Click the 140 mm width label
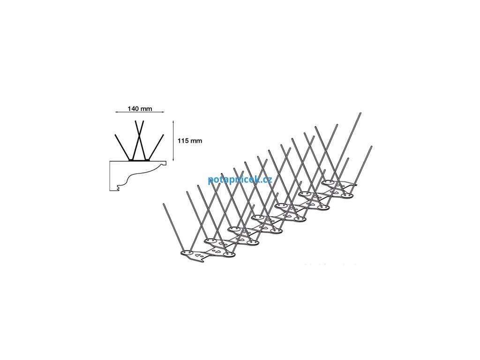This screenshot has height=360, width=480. pyautogui.click(x=140, y=108)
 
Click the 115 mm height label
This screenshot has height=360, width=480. pyautogui.click(x=190, y=141)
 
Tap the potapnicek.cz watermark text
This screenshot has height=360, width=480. pyautogui.click(x=240, y=179)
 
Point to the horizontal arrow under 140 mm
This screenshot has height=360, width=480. pyautogui.click(x=140, y=113)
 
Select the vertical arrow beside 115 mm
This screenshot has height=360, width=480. pyautogui.click(x=174, y=140)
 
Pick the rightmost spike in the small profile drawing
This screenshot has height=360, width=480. pyautogui.click(x=157, y=146)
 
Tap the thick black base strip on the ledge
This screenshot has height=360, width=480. pyautogui.click(x=140, y=160)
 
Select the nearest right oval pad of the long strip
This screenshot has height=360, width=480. pyautogui.click(x=229, y=254)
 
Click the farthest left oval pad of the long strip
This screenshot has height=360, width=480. pyautogui.click(x=328, y=182)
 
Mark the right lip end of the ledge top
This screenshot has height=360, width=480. pyautogui.click(x=168, y=165)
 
